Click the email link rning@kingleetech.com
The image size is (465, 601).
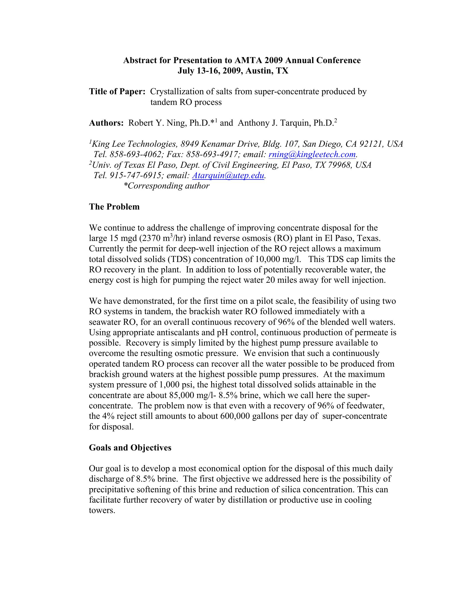312,155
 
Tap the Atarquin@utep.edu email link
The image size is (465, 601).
228,176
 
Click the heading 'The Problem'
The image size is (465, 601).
114,207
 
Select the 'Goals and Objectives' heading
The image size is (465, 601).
130,448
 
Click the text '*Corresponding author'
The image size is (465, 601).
166,186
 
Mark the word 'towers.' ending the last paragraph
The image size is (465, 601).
102,511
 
